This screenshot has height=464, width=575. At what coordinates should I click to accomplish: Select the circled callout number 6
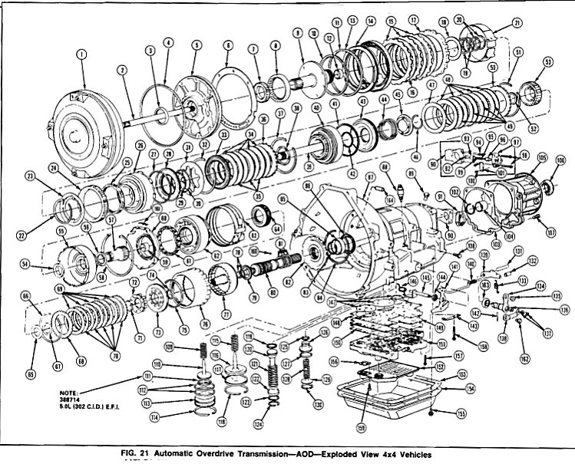[227, 45]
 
